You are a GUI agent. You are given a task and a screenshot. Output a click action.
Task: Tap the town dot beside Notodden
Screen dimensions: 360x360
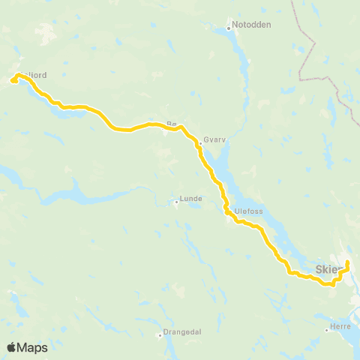coord(229,29)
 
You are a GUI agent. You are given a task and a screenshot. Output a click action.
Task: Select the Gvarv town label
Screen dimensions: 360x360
coord(214,139)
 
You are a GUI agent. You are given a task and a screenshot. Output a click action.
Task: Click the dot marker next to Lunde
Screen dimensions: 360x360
coord(175,201)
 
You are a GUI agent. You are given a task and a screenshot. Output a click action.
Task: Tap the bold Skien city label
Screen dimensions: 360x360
coord(328,267)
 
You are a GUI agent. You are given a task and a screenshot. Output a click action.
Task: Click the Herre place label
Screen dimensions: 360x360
coord(342,328)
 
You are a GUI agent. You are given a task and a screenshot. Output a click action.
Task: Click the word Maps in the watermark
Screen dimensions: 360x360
coord(33,348)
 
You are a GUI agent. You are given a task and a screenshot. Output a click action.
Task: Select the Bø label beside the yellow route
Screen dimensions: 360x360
coord(170,123)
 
